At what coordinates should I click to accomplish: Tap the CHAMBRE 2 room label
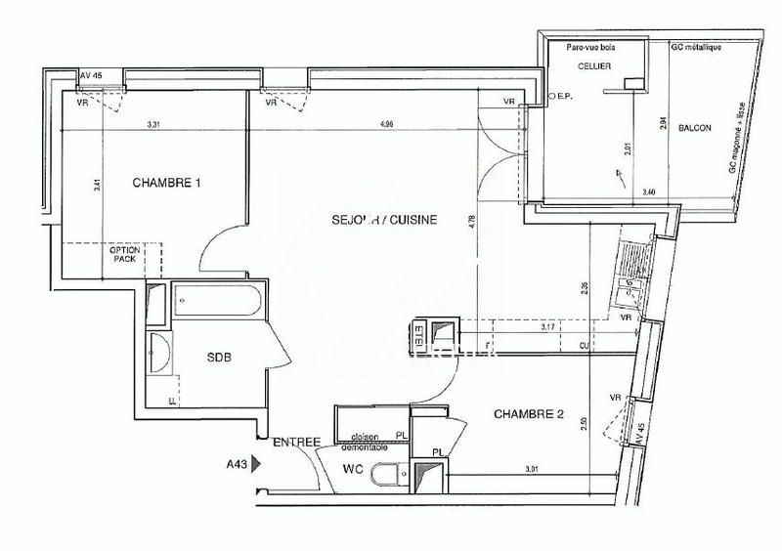pos(528,414)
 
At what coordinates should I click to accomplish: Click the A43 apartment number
pos(234,464)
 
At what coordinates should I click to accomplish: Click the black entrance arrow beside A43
pos(257,464)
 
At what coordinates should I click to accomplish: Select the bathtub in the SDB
pos(217,300)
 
